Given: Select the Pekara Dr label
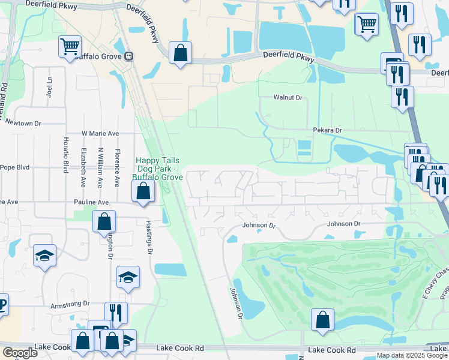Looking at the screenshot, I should pos(327,130).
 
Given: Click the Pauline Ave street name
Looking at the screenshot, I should pos(91,203).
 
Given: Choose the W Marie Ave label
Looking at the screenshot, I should pos(101,133).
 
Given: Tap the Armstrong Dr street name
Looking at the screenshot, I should pos(70,304).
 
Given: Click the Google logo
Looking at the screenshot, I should pos(20,353).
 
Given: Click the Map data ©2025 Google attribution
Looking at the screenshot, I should pos(411,355).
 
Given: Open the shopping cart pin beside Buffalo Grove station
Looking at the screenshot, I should pos(70,46).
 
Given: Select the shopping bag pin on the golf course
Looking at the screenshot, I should pos(322,319).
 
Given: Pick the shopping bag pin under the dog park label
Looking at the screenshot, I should pos(143,192).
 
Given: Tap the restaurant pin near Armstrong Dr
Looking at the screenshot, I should pos(116,313).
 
